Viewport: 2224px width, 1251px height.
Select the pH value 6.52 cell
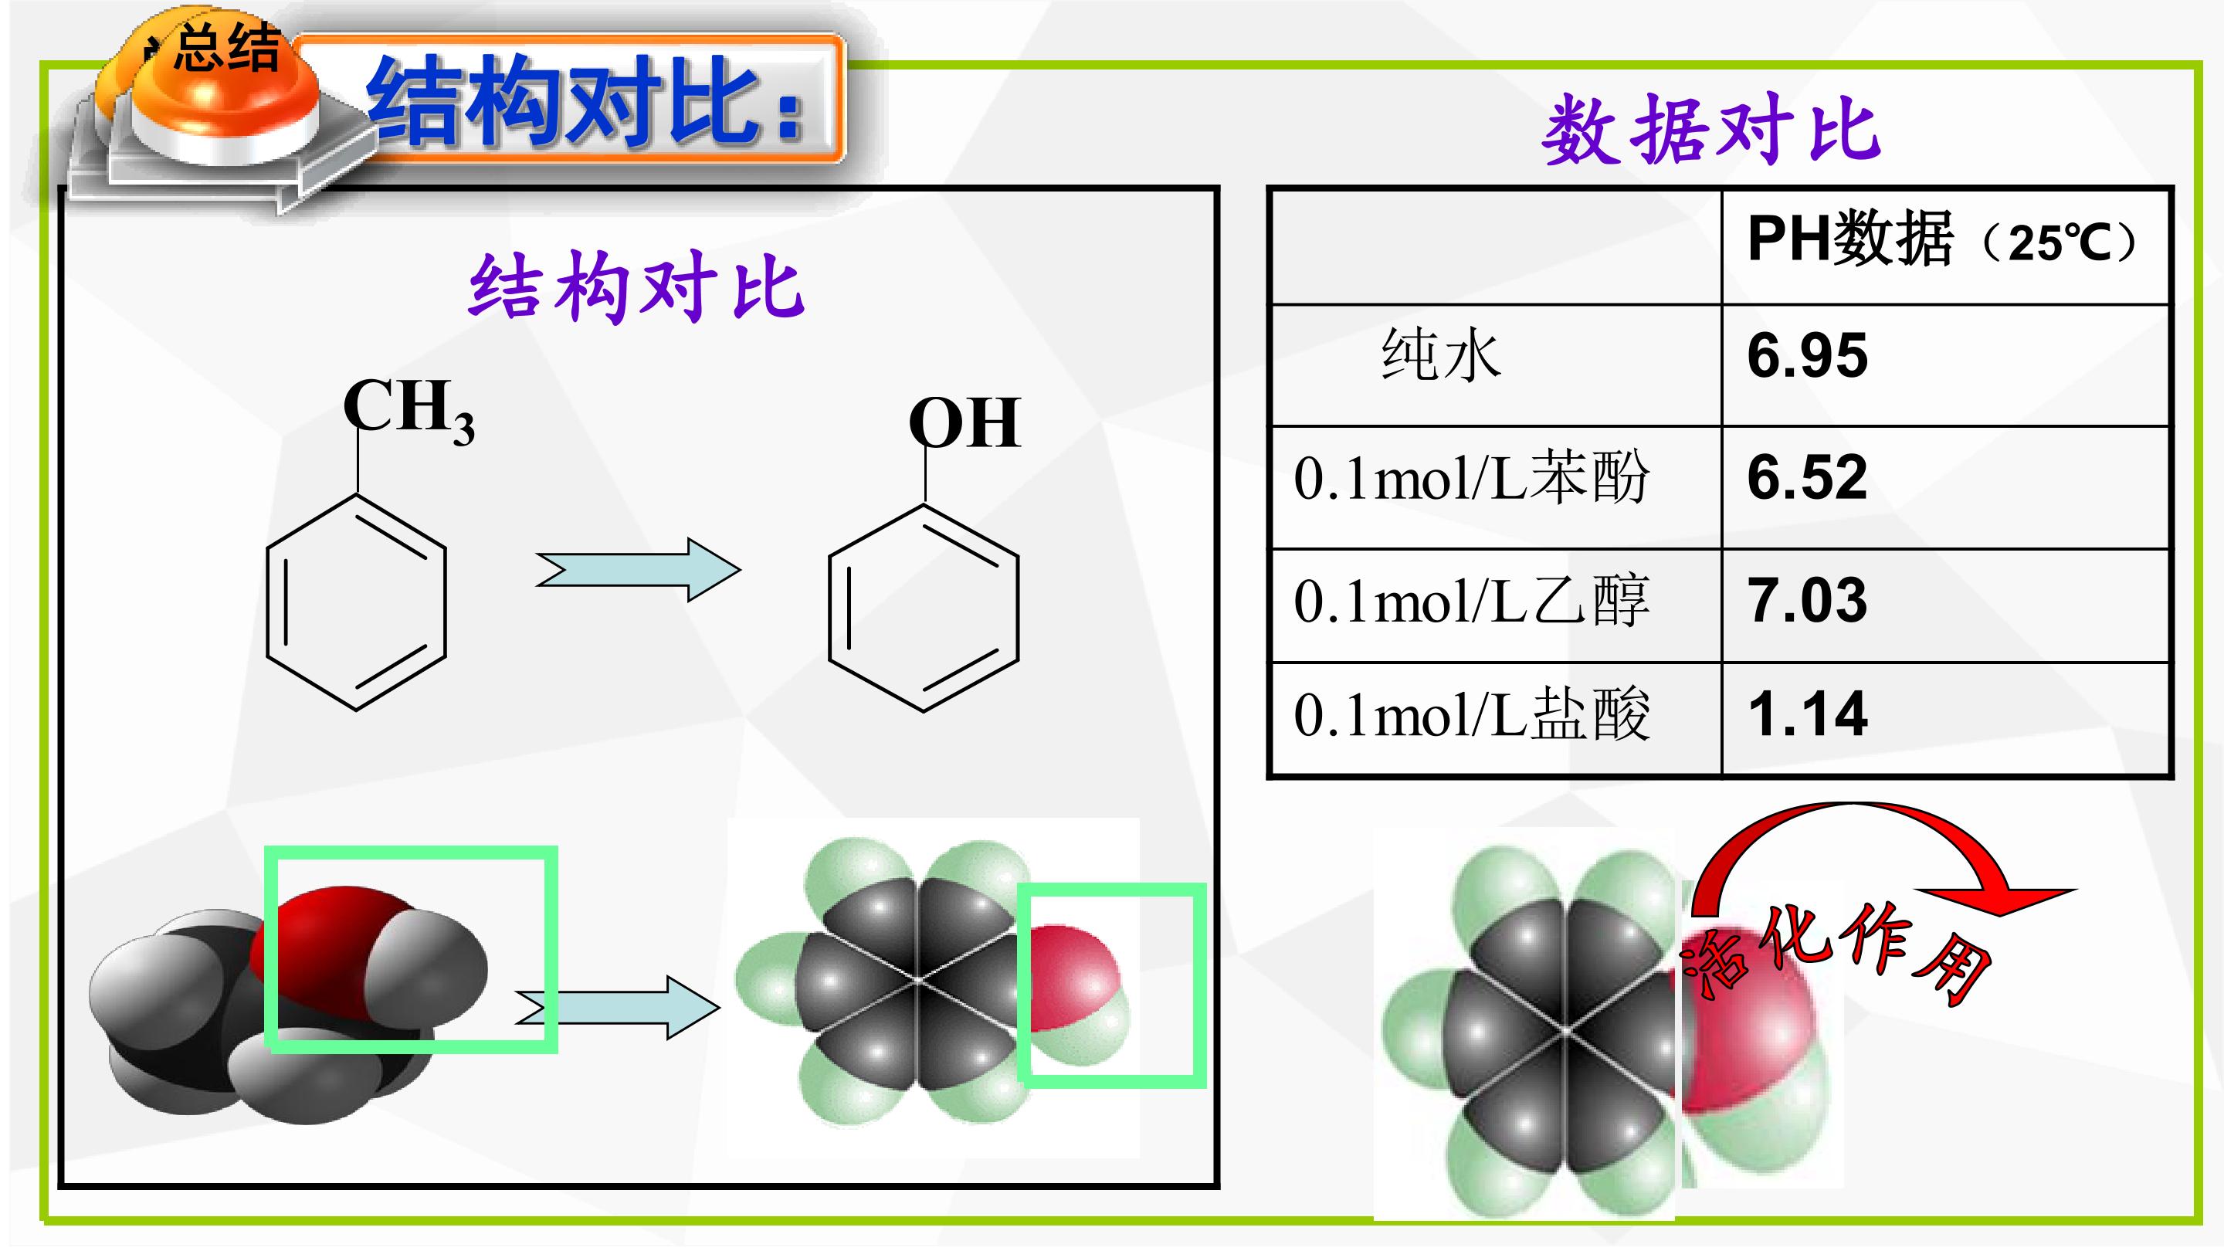(x=1807, y=476)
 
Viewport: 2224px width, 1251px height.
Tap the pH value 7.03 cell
(x=1807, y=600)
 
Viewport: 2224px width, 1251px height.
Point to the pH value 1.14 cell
(x=1807, y=714)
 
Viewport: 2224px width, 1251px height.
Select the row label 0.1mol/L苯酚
(x=1471, y=477)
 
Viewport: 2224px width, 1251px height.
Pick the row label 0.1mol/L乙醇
(x=1471, y=600)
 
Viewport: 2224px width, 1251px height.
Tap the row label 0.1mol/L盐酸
(x=1471, y=715)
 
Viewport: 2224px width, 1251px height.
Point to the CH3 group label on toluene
(x=409, y=411)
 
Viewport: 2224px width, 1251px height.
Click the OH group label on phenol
(x=965, y=423)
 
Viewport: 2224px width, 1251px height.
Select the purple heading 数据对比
(x=1710, y=130)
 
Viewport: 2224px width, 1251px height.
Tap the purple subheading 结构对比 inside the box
(x=636, y=287)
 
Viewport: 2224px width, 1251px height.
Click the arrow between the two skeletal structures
(x=638, y=570)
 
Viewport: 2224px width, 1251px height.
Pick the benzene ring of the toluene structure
(x=357, y=602)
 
